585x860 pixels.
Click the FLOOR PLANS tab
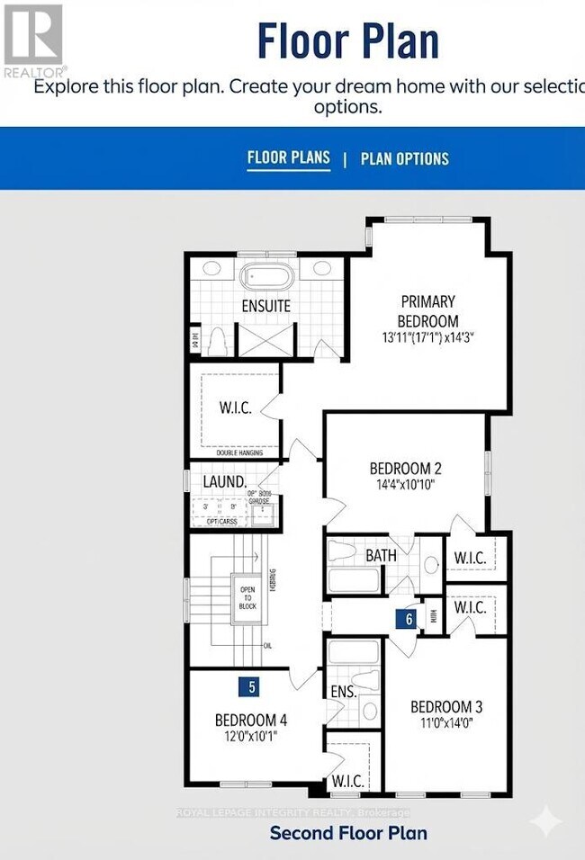[288, 158]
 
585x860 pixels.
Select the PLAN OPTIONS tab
[404, 159]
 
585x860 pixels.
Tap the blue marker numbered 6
[409, 619]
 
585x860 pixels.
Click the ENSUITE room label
[265, 306]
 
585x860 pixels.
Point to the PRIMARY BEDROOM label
[427, 311]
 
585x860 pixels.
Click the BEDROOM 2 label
[406, 469]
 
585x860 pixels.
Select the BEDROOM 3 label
[441, 706]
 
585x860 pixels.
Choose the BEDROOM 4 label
[251, 720]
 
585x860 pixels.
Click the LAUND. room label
[224, 482]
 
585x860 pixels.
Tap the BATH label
[381, 556]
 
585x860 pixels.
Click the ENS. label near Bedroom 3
[342, 692]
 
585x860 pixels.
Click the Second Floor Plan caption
[348, 833]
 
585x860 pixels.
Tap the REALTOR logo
[34, 40]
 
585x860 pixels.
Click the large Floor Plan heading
[348, 41]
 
